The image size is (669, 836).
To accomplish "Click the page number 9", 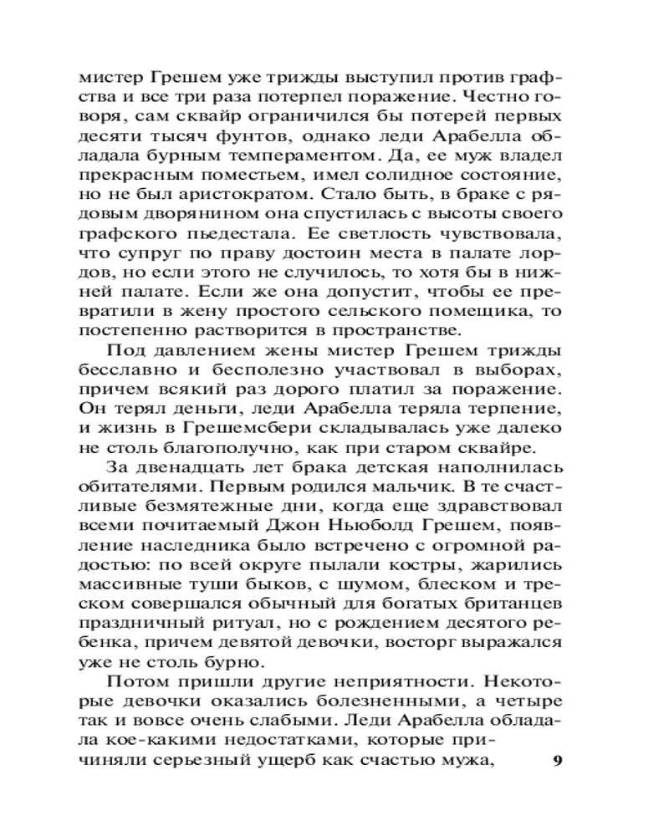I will point(559,762).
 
